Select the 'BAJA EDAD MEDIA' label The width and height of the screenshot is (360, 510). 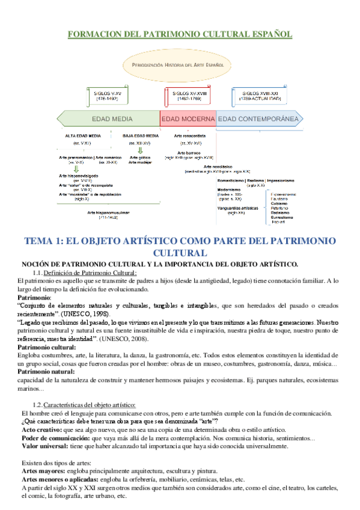pyautogui.click(x=140, y=137)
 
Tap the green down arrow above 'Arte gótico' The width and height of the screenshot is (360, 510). pyautogui.click(x=139, y=151)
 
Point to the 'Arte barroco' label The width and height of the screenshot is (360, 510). pyautogui.click(x=191, y=153)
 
